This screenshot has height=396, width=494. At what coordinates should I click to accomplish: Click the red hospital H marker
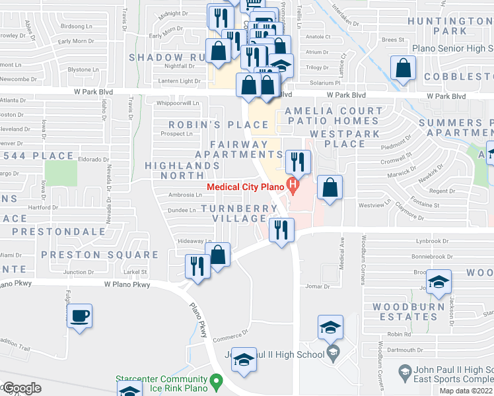pos(291,187)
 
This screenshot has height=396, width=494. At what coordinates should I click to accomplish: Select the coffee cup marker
pos(79,315)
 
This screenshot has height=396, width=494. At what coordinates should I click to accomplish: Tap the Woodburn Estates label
pos(404,312)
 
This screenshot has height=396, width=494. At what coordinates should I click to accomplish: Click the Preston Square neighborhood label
pos(100,255)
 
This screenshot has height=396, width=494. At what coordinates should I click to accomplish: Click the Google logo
pos(21,388)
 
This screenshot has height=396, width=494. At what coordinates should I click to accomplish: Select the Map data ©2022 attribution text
pos(466,391)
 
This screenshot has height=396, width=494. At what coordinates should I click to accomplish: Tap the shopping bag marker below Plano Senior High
pos(403,69)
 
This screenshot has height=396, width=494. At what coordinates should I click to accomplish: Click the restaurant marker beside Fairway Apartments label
pos(298,162)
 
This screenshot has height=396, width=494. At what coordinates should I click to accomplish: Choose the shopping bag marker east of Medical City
pos(330,187)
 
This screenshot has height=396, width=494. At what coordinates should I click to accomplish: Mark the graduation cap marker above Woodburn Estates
pos(439,282)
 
